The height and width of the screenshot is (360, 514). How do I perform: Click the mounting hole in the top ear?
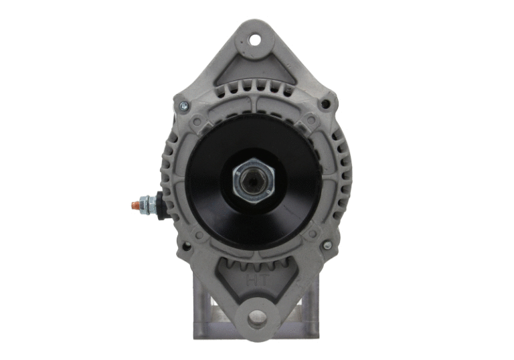coord(255,39)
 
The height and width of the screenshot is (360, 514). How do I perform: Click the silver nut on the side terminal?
coord(147,203)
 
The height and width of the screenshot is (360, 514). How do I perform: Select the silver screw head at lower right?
coord(327,246)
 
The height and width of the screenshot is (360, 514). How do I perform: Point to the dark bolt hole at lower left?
coord(185,246)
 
